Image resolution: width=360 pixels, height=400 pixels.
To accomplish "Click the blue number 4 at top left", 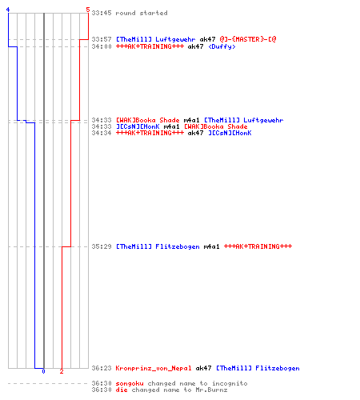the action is click(x=8, y=10).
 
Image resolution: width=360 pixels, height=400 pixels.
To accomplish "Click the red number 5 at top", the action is click(x=88, y=10).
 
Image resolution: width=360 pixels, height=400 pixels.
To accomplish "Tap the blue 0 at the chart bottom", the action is click(x=43, y=371).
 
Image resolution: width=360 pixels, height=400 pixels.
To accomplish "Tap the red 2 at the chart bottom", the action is click(x=62, y=371).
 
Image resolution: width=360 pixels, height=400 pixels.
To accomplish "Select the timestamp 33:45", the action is click(x=102, y=13).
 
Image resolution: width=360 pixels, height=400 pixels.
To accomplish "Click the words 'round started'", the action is click(x=142, y=13).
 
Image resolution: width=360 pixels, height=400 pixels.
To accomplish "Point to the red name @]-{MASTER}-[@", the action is click(x=248, y=39).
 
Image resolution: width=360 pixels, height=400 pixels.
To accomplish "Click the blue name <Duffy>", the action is click(x=222, y=46).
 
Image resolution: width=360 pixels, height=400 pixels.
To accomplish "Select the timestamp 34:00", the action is click(x=102, y=46).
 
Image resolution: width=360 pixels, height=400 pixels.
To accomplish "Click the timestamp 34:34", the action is click(x=102, y=133).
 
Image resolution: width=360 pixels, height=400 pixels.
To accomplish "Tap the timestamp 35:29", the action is click(x=102, y=246).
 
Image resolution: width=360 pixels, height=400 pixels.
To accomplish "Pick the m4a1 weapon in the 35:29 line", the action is click(x=211, y=246).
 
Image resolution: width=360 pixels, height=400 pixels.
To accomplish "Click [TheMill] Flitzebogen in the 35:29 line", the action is click(x=158, y=246).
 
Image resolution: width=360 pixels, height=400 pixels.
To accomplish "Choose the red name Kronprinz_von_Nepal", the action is click(x=154, y=368).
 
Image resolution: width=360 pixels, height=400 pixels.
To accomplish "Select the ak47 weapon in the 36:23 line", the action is click(x=203, y=368).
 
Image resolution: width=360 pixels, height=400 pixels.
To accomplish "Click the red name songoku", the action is click(x=130, y=384).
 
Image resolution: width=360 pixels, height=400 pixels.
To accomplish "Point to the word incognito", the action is click(x=230, y=383).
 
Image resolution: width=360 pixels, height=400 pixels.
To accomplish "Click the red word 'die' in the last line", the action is click(x=122, y=390).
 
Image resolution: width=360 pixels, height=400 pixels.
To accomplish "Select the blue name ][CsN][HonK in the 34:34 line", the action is click(x=230, y=133).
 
